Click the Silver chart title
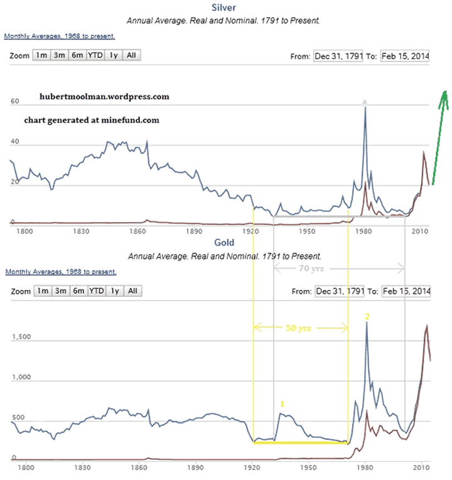[x=224, y=8]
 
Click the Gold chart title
[x=224, y=242]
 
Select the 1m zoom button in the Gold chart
[x=42, y=291]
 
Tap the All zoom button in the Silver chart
[x=131, y=55]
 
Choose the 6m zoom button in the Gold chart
[x=78, y=291]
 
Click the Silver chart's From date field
[x=338, y=56]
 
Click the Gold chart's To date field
[x=406, y=291]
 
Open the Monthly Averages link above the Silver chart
[x=59, y=36]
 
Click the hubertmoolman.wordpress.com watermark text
[x=104, y=97]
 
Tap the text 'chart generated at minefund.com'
[x=92, y=120]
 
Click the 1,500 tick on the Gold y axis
[x=21, y=337]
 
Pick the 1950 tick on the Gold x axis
[x=308, y=467]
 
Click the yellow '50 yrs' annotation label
[x=299, y=328]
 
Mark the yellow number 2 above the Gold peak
[x=367, y=316]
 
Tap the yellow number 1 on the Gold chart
[x=282, y=403]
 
